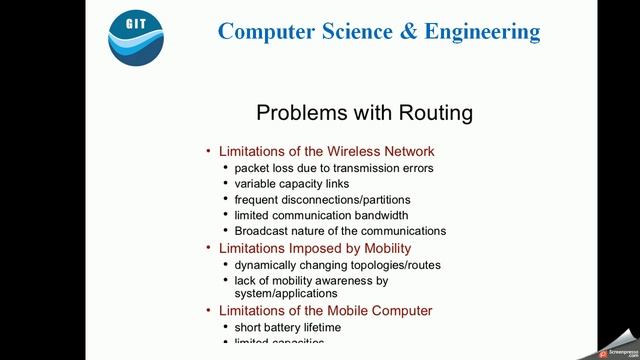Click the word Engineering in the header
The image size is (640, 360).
coord(482,31)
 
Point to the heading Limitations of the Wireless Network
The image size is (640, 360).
coord(326,151)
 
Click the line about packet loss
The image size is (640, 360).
coord(334,168)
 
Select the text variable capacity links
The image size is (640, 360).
coord(298,184)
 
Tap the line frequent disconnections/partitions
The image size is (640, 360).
coord(322,199)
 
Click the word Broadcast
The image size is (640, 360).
coord(264,231)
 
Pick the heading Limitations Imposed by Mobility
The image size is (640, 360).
coord(315,248)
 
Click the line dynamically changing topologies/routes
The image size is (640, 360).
coord(337,265)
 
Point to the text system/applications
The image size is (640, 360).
coord(285,294)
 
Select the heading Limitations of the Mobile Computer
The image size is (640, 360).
coord(325,311)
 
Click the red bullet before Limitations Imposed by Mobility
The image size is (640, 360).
coord(209,248)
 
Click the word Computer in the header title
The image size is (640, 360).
coord(268,31)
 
